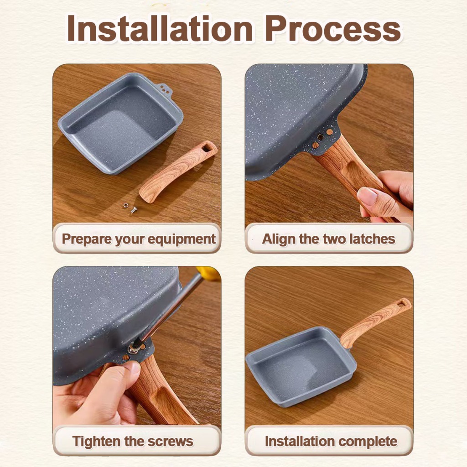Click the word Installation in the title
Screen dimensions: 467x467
click(x=160, y=28)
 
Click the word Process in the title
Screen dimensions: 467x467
click(x=332, y=29)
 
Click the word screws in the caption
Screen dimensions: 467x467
click(x=171, y=441)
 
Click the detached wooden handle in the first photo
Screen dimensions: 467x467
click(x=178, y=172)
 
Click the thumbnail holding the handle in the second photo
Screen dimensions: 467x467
click(x=367, y=197)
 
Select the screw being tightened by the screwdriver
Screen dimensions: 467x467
click(x=133, y=348)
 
